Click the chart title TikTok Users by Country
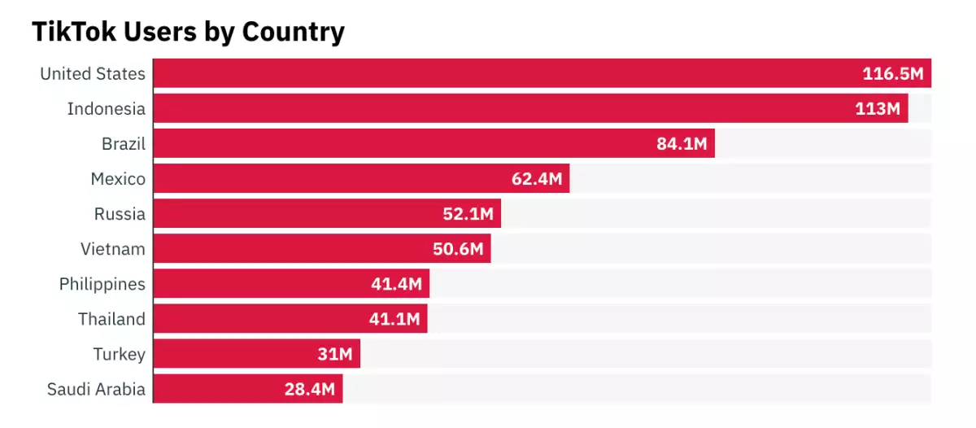pos(188,32)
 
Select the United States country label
pos(93,74)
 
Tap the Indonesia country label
pos(107,109)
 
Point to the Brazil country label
pos(124,144)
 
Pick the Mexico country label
pos(118,179)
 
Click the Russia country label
pos(120,214)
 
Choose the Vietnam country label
pos(113,249)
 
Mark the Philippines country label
pos(102,284)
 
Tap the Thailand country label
pos(111,319)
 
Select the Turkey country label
pos(120,354)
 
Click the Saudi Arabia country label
pos(97,389)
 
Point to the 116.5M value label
pos(893,74)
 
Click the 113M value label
pos(877,109)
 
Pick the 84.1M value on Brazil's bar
pos(682,145)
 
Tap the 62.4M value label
pos(537,179)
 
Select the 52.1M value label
pos(468,214)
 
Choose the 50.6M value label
pos(458,249)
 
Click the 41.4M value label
pos(396,284)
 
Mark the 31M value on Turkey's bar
pos(334,354)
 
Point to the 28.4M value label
pos(310,389)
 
